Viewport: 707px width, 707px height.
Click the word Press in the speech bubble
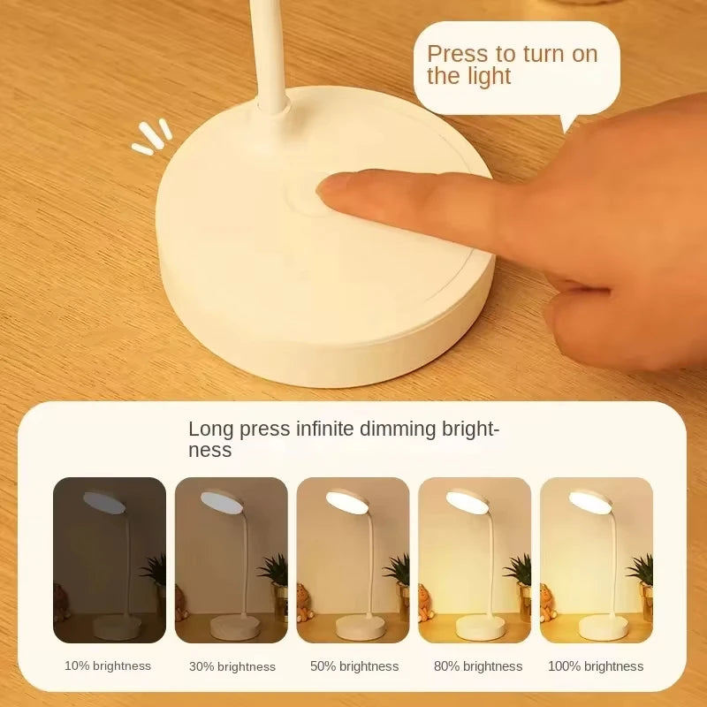(458, 54)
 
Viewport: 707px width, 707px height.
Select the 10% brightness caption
(108, 665)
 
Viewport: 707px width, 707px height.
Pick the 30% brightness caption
(232, 666)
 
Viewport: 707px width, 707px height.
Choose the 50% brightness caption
(354, 666)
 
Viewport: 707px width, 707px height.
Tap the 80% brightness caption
(478, 666)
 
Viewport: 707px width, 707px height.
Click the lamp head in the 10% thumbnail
(104, 500)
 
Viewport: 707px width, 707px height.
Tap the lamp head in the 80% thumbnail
(468, 500)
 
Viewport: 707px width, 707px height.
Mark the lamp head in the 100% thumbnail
(589, 500)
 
